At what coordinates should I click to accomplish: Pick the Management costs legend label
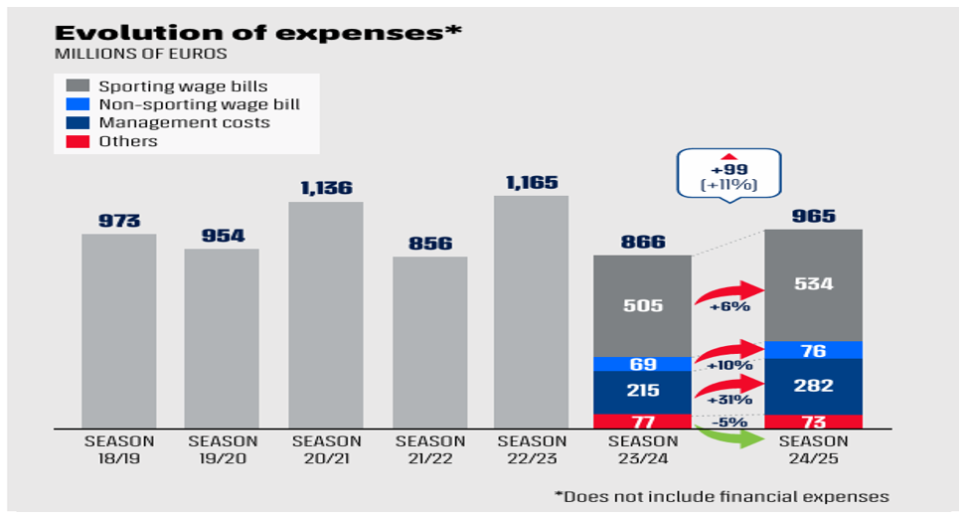184,123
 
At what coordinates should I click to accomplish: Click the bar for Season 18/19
118,331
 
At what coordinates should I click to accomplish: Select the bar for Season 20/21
326,315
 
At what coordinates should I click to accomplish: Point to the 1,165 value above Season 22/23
532,183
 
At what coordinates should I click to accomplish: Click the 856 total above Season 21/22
429,244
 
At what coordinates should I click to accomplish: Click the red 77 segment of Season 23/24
642,422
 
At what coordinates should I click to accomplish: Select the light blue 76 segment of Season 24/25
813,351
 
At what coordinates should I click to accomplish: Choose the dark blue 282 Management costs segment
813,387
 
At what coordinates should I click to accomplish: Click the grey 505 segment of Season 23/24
642,305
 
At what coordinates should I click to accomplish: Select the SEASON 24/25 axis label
813,448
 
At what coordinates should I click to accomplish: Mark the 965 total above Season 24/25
813,217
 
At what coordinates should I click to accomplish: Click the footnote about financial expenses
722,496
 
